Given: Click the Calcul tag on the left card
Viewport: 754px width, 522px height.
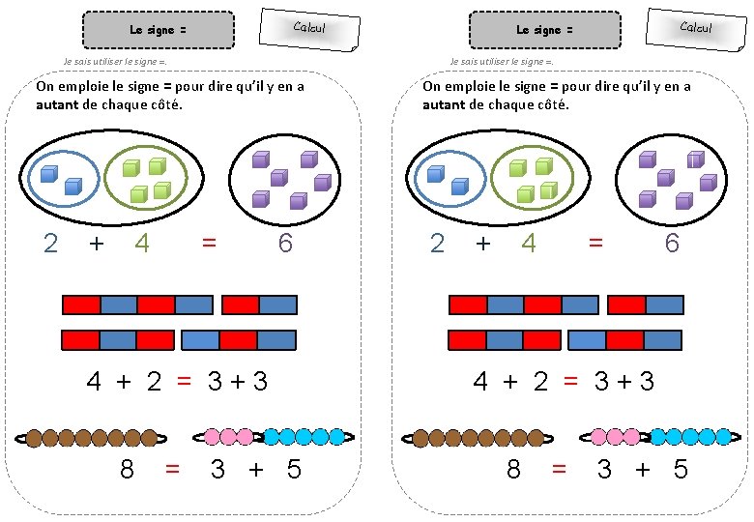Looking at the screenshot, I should pyautogui.click(x=309, y=27).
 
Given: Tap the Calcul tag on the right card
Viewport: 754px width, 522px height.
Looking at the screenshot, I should pyautogui.click(x=696, y=27).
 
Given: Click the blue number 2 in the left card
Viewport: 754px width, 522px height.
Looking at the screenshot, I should pyautogui.click(x=51, y=244).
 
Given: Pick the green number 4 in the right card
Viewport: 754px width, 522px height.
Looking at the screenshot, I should pyautogui.click(x=529, y=244).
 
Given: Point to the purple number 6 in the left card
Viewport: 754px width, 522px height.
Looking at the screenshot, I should pyautogui.click(x=285, y=244).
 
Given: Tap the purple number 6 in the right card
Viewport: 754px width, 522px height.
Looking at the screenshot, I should pyautogui.click(x=672, y=244).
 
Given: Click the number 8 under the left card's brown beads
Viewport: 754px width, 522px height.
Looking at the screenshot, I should pyautogui.click(x=127, y=470).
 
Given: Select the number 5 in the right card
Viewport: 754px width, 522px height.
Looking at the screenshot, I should pyautogui.click(x=681, y=470).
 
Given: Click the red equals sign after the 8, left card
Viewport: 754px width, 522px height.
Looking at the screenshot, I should pyautogui.click(x=173, y=470).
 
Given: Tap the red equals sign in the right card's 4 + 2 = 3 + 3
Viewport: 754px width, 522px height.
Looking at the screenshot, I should pyautogui.click(x=570, y=382).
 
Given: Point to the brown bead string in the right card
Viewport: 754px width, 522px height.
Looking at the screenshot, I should pyautogui.click(x=475, y=438).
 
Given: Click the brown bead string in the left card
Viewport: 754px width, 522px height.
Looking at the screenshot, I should pyautogui.click(x=88, y=438).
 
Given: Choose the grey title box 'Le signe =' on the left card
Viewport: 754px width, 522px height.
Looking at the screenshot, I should pyautogui.click(x=159, y=30).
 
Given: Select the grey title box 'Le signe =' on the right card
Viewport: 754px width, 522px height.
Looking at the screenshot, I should pyautogui.click(x=545, y=30).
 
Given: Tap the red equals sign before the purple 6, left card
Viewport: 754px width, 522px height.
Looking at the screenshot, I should pyautogui.click(x=209, y=244).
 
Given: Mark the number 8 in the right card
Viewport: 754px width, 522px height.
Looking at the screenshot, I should pyautogui.click(x=513, y=470).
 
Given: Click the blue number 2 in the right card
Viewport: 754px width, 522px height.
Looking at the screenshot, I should pyautogui.click(x=438, y=244).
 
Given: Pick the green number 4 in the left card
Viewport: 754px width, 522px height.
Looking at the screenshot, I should pyautogui.click(x=142, y=244).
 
